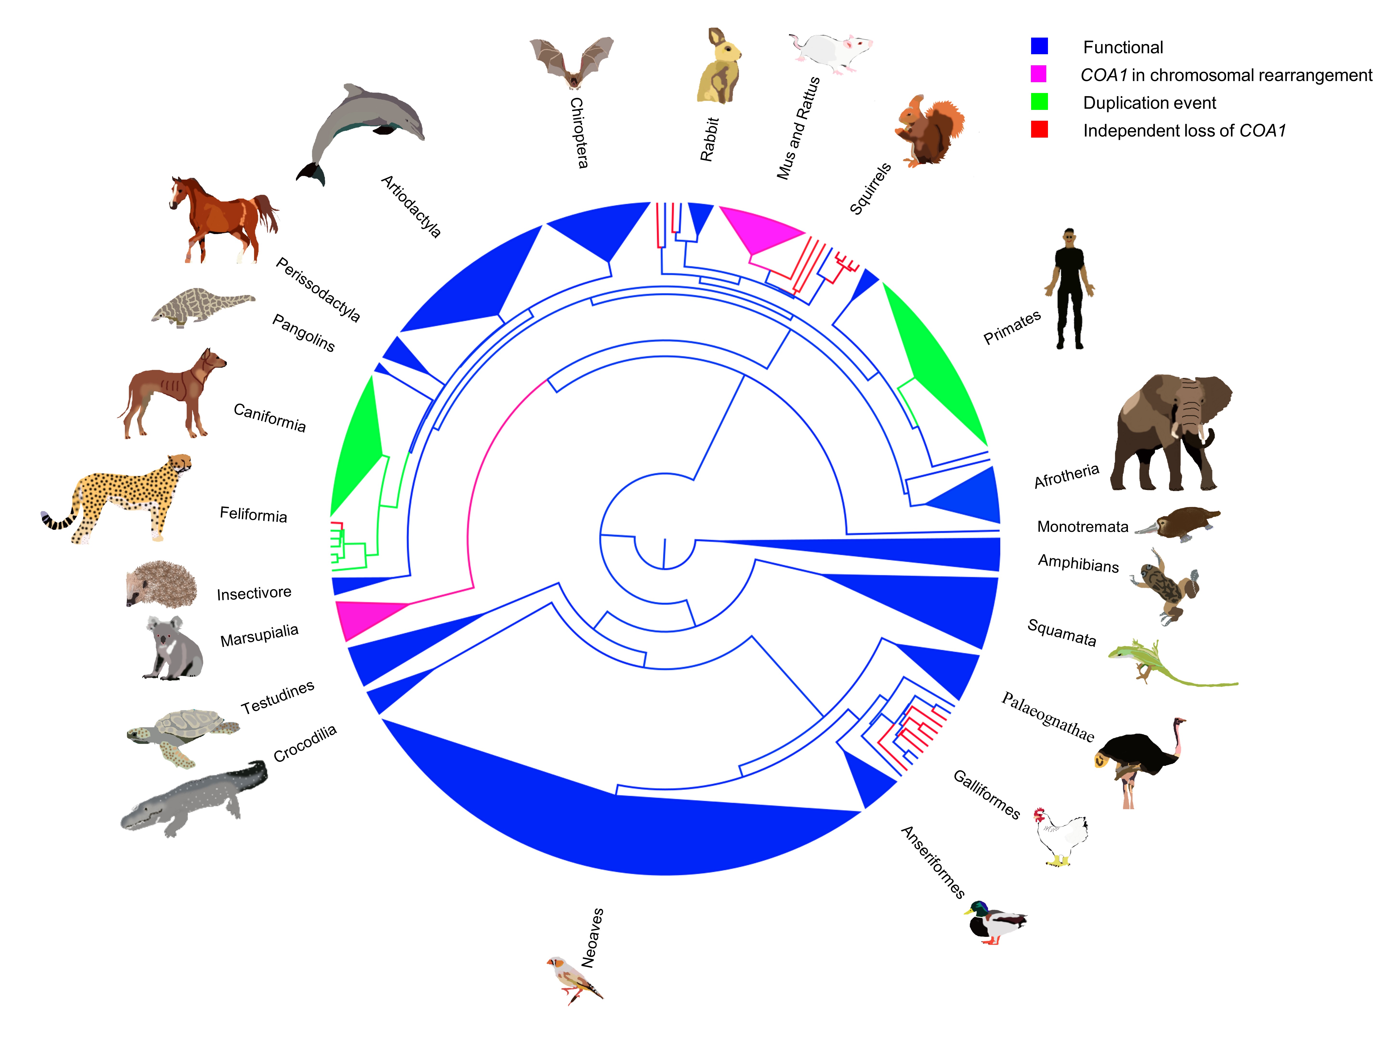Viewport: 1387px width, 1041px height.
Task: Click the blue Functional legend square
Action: [x=1039, y=46]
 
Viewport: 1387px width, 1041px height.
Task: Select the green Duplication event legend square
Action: [x=1039, y=102]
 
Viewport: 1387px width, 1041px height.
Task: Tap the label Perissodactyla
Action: [x=318, y=290]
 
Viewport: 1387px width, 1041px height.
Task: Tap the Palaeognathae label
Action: [x=1047, y=717]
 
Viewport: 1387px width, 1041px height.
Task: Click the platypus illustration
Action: [x=1179, y=524]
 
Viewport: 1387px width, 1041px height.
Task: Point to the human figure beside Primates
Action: [x=1069, y=289]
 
